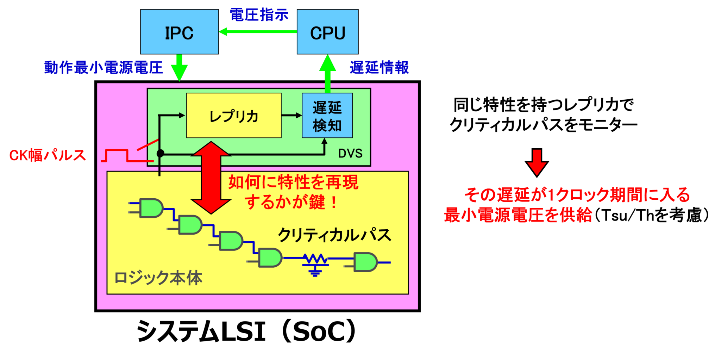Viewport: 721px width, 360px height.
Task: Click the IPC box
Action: (179, 32)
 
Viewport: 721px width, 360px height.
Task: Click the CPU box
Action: (327, 32)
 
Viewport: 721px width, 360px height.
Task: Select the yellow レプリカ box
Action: (234, 116)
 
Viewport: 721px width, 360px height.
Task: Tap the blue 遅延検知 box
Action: (327, 116)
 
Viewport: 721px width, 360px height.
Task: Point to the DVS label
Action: (350, 154)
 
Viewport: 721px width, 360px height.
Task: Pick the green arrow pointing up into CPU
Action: (328, 72)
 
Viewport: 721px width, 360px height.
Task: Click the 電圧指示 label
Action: (259, 15)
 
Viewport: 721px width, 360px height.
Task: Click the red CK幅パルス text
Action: (48, 155)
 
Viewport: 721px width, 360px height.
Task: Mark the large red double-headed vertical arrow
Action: (211, 178)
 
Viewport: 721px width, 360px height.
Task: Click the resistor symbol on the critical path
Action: (315, 260)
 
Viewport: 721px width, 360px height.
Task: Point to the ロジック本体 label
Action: (158, 278)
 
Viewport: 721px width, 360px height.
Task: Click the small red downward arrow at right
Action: (537, 162)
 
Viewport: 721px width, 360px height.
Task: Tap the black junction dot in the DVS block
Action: (160, 153)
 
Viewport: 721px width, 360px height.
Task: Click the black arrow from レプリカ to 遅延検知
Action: (291, 115)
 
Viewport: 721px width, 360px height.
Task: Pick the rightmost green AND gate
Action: (365, 262)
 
